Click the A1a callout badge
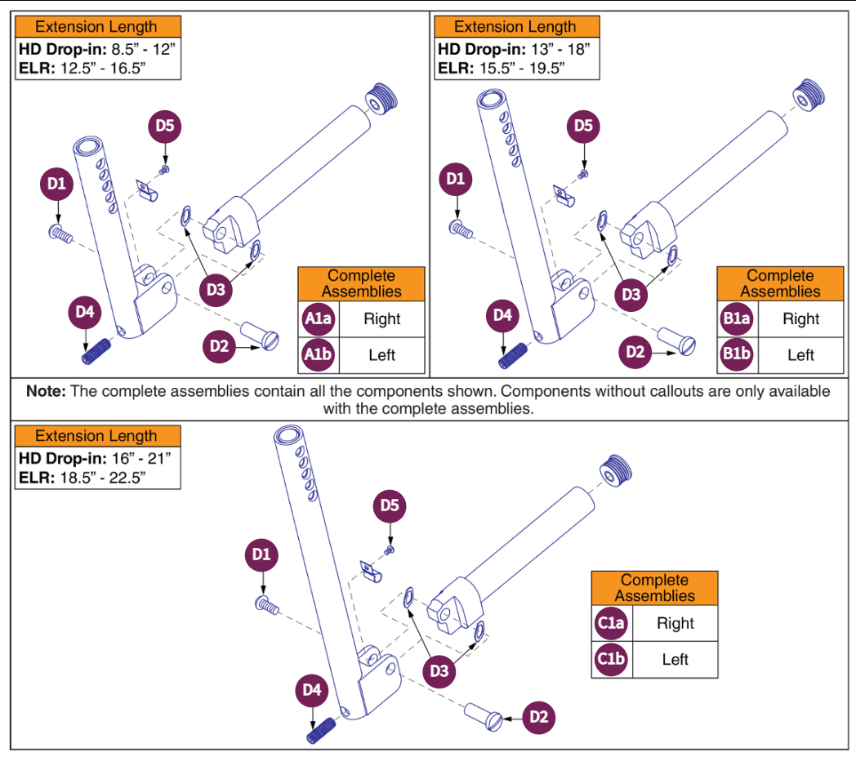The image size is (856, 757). point(317,319)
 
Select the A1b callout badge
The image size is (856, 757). point(317,355)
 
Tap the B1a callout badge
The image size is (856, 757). point(736,319)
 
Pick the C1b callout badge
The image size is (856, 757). point(611,660)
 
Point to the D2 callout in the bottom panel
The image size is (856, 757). point(537,718)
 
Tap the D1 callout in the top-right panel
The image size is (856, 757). point(456,180)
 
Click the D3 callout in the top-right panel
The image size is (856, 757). point(631,295)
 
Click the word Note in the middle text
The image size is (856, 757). point(46,391)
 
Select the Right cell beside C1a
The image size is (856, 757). point(675,624)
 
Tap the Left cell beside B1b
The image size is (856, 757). point(800,355)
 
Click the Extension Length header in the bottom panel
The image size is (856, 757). point(96,436)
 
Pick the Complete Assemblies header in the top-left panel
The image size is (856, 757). point(361,283)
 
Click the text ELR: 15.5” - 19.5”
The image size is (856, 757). point(502,68)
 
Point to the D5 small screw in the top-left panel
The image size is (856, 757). point(164,169)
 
